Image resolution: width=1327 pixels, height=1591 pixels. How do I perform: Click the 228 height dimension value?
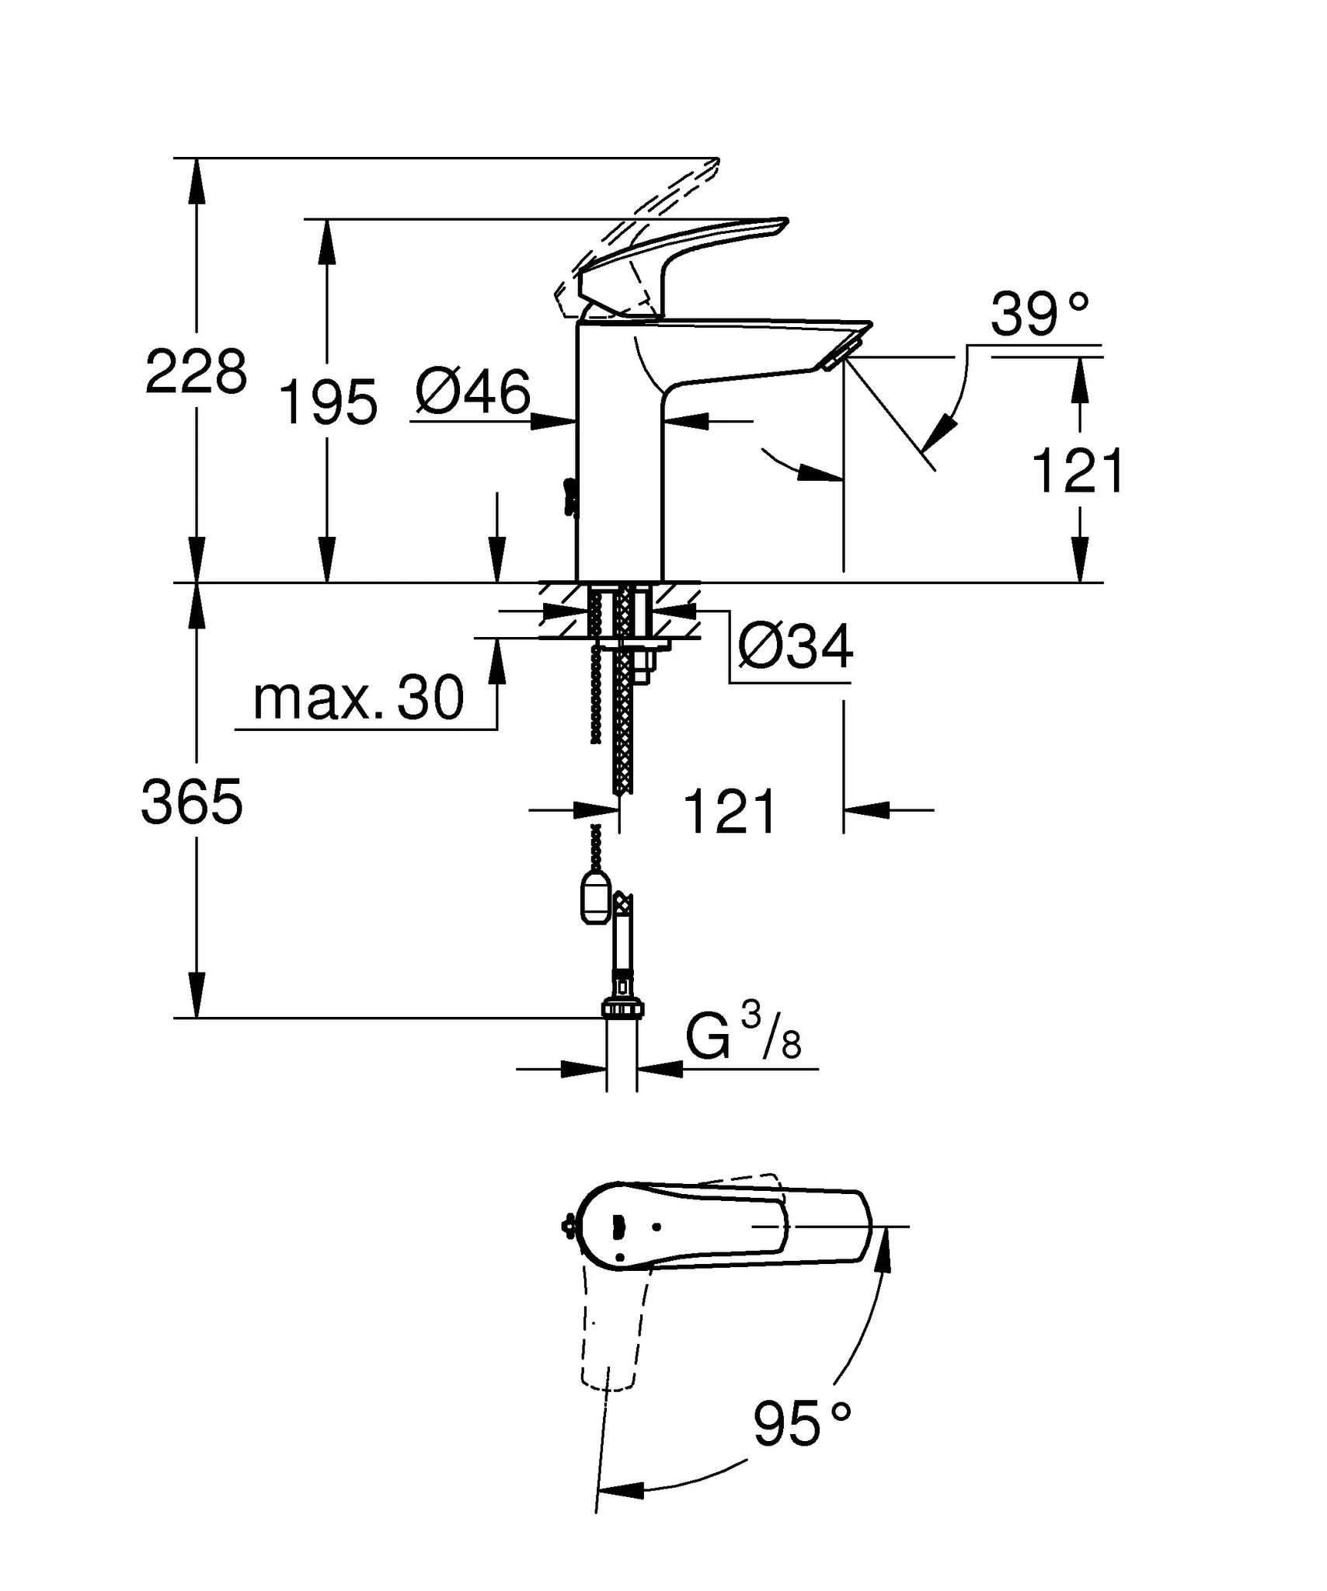[196, 372]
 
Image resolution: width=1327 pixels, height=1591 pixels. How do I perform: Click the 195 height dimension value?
[327, 402]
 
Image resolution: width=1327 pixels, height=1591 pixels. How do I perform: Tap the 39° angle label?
[1040, 315]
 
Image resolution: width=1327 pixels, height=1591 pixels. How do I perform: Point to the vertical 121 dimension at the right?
[1077, 471]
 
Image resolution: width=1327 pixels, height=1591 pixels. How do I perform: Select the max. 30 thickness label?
[358, 698]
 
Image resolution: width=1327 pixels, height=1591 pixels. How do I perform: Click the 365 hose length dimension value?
[192, 802]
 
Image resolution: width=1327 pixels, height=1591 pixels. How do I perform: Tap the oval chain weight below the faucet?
[596, 900]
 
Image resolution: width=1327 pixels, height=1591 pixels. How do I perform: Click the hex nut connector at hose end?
[622, 1008]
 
